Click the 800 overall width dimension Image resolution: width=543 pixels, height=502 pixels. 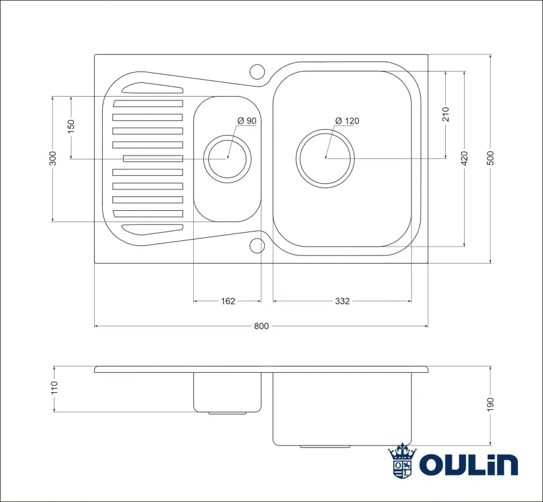click(x=261, y=326)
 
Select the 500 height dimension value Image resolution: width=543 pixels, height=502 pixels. click(x=491, y=158)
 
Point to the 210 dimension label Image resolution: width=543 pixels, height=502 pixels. click(x=446, y=114)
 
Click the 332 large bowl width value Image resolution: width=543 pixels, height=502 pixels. click(x=342, y=301)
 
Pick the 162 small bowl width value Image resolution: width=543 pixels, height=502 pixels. click(x=228, y=301)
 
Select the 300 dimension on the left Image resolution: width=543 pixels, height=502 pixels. click(x=53, y=158)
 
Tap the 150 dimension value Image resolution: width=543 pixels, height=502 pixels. click(x=71, y=126)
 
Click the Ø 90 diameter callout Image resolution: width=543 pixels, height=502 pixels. click(x=246, y=121)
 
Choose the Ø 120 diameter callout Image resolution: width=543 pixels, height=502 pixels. click(x=347, y=121)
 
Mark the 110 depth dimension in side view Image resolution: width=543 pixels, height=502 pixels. click(x=54, y=388)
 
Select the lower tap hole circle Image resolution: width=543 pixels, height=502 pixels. click(x=257, y=245)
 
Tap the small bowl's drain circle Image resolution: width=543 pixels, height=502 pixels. click(x=227, y=158)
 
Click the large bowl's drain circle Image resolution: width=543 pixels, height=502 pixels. click(x=325, y=158)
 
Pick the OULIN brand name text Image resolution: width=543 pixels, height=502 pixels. click(x=468, y=464)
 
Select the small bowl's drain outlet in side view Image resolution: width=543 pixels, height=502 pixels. click(x=227, y=413)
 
